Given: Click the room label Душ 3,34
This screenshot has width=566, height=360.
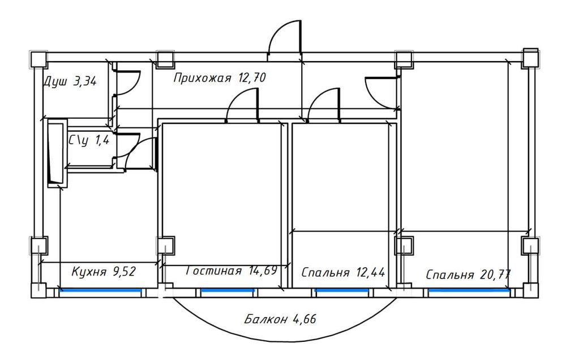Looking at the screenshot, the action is click(x=70, y=82).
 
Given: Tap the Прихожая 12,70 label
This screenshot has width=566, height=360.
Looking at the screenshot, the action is click(x=219, y=78).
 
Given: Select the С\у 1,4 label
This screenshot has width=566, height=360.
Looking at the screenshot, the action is click(x=89, y=140).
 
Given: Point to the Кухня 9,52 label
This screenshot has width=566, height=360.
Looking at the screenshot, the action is click(x=104, y=272).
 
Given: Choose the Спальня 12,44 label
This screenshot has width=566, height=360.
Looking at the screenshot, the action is click(x=343, y=272).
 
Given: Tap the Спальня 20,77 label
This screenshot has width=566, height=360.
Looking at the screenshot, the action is click(x=468, y=275).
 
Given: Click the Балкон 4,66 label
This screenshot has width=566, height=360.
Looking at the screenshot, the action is click(x=280, y=319).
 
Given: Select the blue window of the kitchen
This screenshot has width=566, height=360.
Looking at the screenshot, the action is click(x=100, y=290).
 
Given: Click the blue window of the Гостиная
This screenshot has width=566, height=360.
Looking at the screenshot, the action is click(x=228, y=290).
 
